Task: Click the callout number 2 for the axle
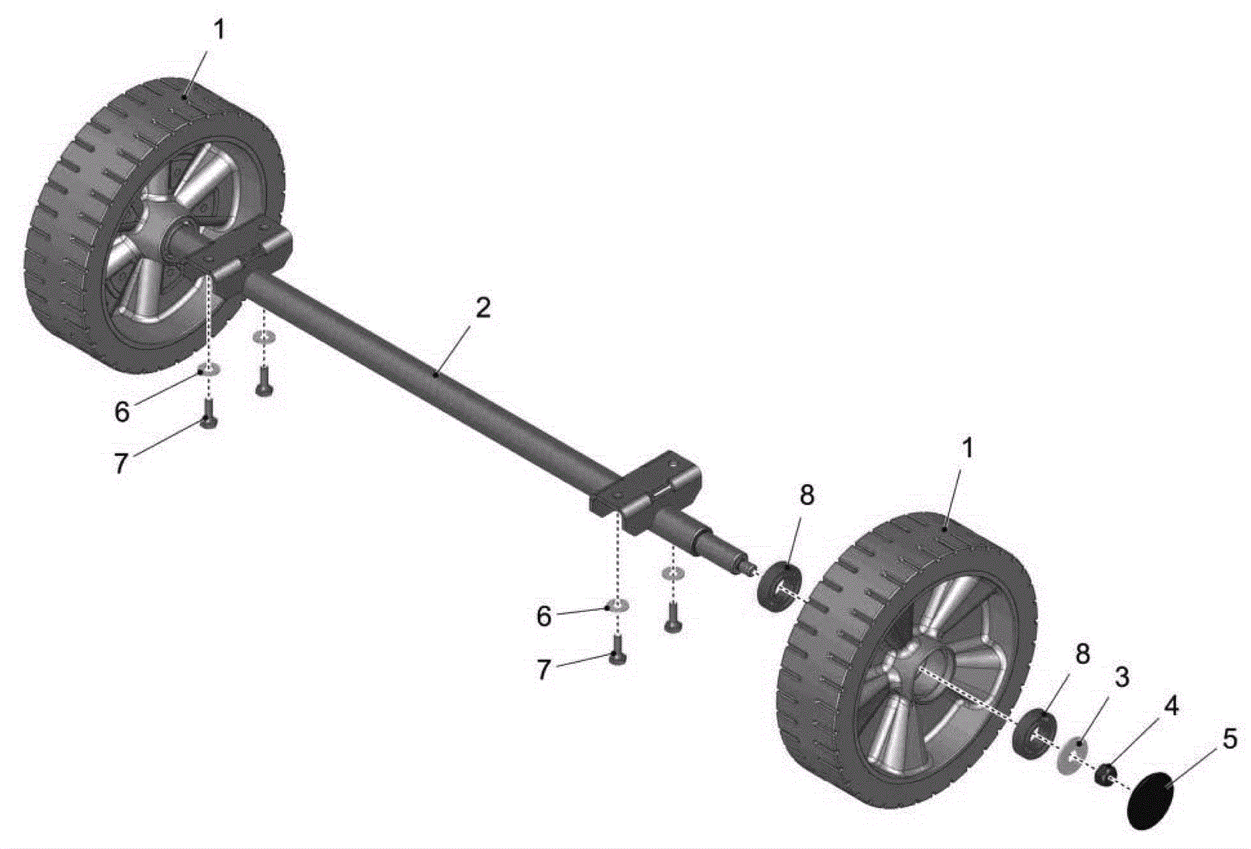482,308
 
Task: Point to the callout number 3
1121,677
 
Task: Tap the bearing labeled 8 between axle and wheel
779,587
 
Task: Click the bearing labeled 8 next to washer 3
1034,733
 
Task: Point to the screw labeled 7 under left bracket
208,413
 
